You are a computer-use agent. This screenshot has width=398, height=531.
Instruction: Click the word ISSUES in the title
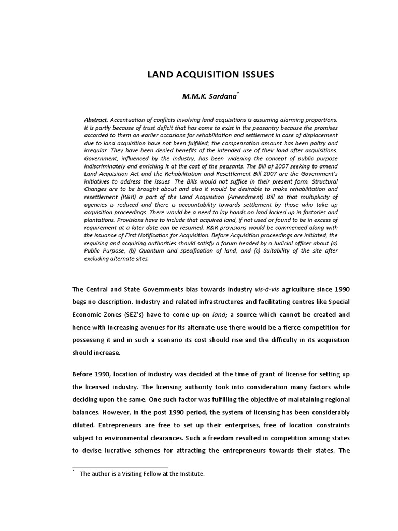click(253, 75)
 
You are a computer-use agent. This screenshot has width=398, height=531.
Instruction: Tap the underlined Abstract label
click(97, 120)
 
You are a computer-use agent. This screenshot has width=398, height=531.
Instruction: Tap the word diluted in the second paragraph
click(84, 424)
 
